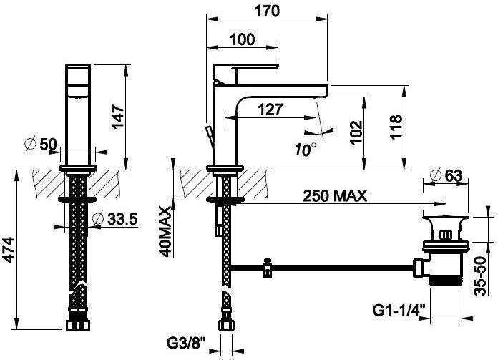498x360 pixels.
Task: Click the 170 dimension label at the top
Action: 268,11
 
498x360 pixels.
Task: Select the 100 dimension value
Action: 242,39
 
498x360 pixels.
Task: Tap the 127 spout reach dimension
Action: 270,110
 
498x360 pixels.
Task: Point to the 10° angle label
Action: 306,149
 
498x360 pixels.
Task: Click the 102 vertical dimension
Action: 356,132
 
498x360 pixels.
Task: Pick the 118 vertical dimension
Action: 396,127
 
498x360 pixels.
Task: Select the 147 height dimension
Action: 118,116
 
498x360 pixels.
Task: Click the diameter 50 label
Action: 41,144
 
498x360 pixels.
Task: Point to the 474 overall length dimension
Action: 10,250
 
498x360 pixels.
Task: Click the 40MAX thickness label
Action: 165,231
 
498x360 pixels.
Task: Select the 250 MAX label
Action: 335,195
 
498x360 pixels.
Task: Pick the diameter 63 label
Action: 446,175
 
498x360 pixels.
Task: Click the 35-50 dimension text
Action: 480,276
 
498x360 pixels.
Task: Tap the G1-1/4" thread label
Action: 399,311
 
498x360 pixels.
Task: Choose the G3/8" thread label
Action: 186,344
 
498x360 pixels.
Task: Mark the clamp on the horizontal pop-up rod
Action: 268,268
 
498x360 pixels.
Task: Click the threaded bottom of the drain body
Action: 446,281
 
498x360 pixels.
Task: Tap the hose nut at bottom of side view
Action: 226,325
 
